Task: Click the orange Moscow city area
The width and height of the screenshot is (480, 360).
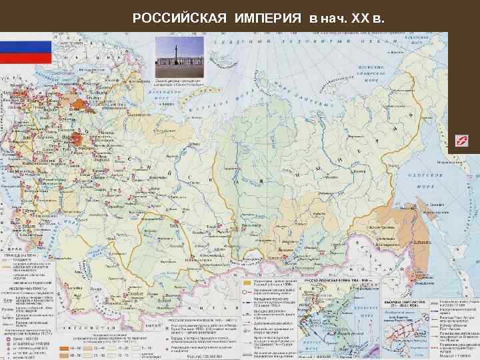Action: tap(78, 139)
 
